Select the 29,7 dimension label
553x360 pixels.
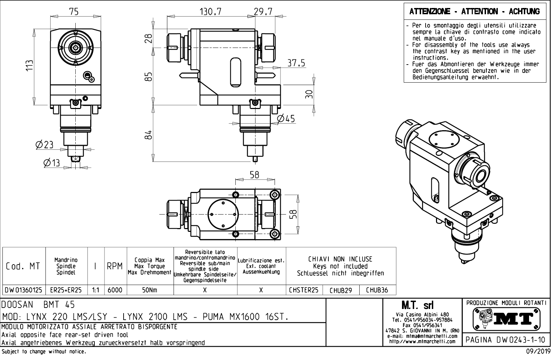point(263,12)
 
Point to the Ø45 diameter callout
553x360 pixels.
point(286,119)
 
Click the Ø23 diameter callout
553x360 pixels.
point(44,145)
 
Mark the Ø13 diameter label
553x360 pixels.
point(51,162)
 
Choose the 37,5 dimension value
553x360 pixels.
point(296,63)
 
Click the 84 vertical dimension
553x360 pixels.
point(148,135)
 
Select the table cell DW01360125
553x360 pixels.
point(24,290)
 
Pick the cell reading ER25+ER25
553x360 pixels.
point(66,290)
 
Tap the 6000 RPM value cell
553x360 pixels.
point(115,290)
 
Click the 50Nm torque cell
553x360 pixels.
point(150,290)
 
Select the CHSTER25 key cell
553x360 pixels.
point(304,290)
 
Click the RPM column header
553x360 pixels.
point(115,266)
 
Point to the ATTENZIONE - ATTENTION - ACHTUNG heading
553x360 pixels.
point(475,11)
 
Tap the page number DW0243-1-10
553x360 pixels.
point(505,340)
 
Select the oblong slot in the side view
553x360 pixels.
point(235,73)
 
